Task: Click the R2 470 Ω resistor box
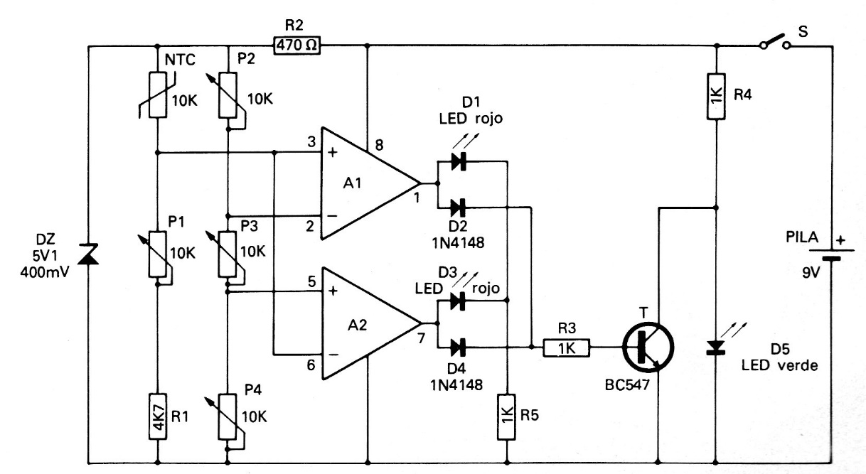(295, 46)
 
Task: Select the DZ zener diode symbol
(87, 258)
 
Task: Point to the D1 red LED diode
(458, 161)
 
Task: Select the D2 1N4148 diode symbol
(458, 208)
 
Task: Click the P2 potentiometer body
(228, 97)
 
